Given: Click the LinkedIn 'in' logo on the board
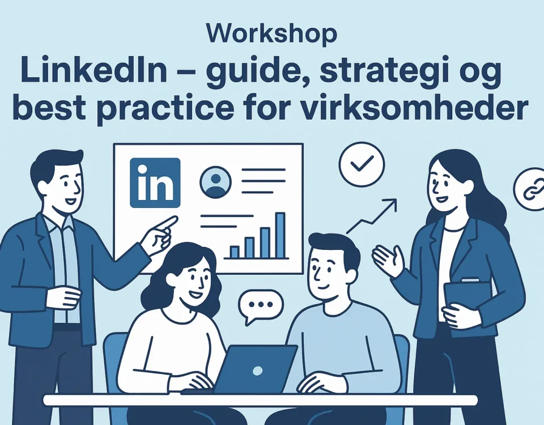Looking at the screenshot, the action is click(155, 183).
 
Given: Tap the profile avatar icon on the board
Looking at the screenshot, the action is click(215, 182).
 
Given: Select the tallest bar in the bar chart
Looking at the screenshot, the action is click(280, 235).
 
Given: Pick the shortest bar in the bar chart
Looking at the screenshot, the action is click(235, 252).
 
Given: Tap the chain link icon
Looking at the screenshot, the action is click(530, 189).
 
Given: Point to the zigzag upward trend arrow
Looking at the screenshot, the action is click(372, 216).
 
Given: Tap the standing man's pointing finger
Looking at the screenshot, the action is click(166, 223).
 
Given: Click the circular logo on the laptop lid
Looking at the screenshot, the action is click(257, 371).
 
